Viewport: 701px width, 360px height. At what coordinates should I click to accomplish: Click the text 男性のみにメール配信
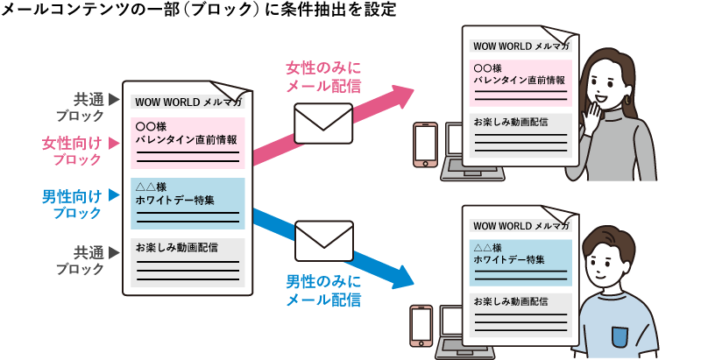(x=324, y=291)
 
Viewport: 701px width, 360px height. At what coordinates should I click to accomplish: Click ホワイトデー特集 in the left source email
(x=176, y=200)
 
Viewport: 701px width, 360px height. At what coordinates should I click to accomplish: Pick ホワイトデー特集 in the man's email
(x=509, y=260)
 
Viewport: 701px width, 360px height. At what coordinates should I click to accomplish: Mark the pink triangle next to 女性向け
(x=112, y=140)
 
